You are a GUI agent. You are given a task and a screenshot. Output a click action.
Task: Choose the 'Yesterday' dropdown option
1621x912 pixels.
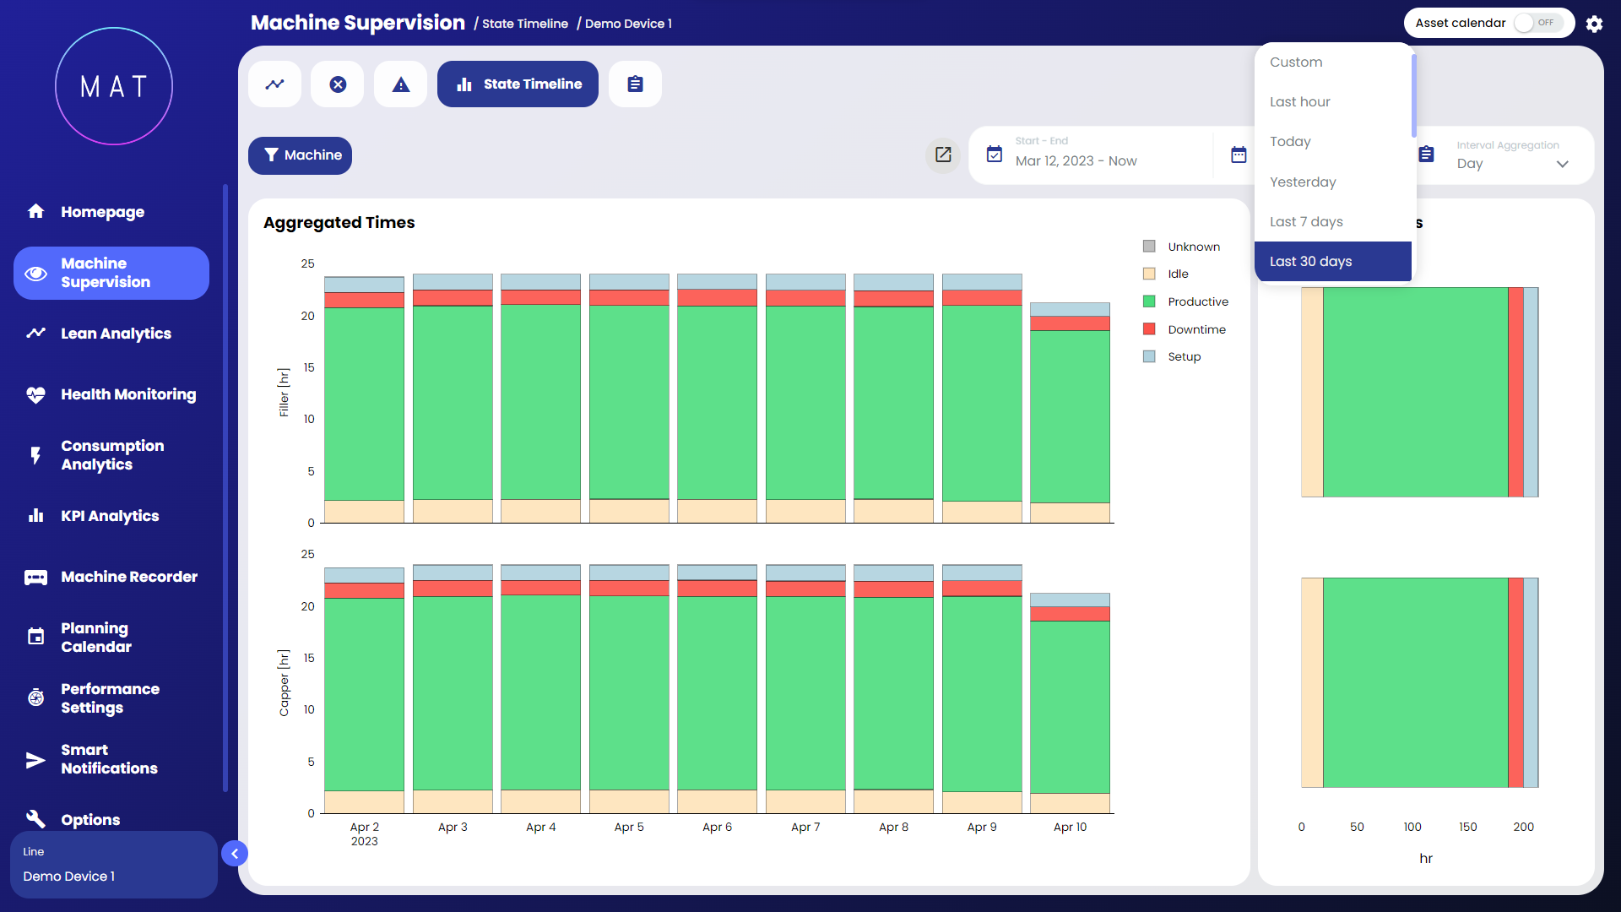pyautogui.click(x=1303, y=182)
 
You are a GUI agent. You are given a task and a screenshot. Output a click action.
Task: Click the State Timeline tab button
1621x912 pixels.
pyautogui.click(x=518, y=84)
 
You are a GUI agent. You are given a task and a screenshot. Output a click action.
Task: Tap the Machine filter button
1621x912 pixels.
pyautogui.click(x=300, y=155)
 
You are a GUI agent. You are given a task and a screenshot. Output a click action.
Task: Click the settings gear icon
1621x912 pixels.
pyautogui.click(x=1594, y=24)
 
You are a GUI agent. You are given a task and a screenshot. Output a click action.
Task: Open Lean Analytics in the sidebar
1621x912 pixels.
pyautogui.click(x=116, y=334)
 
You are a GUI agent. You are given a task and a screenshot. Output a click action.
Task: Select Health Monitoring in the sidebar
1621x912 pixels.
pyautogui.click(x=127, y=394)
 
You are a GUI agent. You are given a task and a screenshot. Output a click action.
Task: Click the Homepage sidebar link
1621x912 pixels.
pyautogui.click(x=102, y=212)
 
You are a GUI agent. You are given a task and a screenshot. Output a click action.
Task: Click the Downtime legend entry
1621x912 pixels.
pyautogui.click(x=1196, y=329)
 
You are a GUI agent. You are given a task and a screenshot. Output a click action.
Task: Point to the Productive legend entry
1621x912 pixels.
pyautogui.click(x=1197, y=301)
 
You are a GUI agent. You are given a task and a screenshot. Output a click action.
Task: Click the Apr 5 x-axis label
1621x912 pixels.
pyautogui.click(x=629, y=828)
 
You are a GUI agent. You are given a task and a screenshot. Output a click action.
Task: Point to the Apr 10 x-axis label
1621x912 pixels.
pyautogui.click(x=1070, y=828)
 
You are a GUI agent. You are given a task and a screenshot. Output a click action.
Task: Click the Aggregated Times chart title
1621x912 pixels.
pyautogui.click(x=339, y=223)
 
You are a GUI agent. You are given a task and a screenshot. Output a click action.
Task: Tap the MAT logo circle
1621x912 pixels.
pyautogui.click(x=114, y=86)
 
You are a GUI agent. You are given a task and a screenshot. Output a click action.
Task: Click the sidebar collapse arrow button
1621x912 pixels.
pyautogui.click(x=235, y=854)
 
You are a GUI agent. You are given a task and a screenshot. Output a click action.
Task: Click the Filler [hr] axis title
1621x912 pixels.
pyautogui.click(x=285, y=393)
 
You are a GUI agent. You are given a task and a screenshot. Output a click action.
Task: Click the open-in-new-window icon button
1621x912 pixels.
pyautogui.click(x=943, y=155)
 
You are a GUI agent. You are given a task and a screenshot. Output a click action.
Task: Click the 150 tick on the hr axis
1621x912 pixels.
pyautogui.click(x=1468, y=828)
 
